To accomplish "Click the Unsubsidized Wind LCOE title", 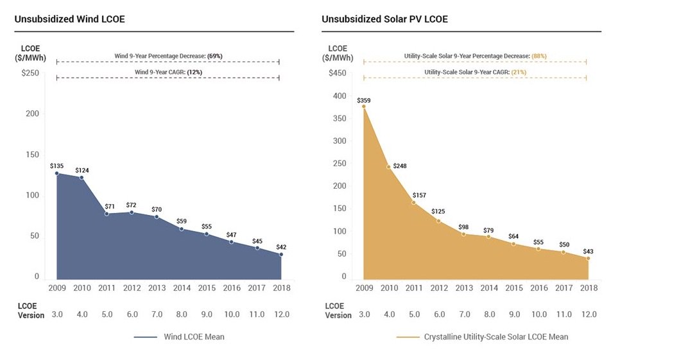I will click(x=69, y=19).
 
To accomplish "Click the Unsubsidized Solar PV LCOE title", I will click(x=384, y=19).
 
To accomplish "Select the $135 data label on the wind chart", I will click(x=56, y=166).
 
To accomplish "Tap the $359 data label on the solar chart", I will click(x=364, y=100).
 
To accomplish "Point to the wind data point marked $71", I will click(x=107, y=214).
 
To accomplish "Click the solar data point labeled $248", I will click(x=389, y=167).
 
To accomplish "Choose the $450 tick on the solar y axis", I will click(x=338, y=73).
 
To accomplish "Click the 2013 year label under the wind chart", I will click(x=157, y=288).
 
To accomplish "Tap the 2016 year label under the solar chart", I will click(x=538, y=288).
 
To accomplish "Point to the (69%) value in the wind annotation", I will click(x=213, y=56).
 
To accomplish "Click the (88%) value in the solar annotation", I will click(x=539, y=56).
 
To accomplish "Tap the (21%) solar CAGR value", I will click(x=519, y=72).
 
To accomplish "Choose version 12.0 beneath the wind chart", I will click(x=282, y=314).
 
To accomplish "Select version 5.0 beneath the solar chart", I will click(x=414, y=314).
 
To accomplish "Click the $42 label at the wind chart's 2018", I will click(x=282, y=247).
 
